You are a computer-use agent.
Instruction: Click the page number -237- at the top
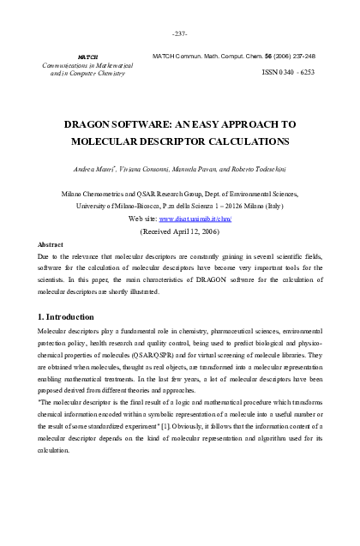(179, 33)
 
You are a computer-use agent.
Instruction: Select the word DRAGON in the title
(88, 123)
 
